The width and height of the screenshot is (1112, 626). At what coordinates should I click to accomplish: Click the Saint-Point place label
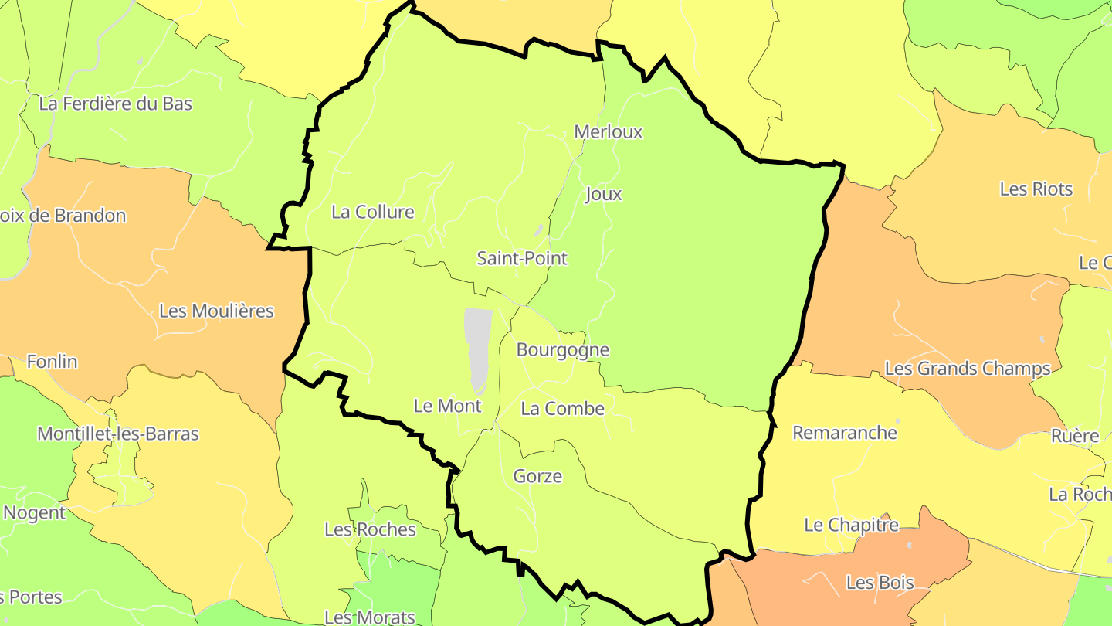tap(522, 258)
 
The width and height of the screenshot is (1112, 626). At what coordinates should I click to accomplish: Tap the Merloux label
tap(609, 132)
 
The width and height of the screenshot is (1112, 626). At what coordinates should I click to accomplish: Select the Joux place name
tap(604, 194)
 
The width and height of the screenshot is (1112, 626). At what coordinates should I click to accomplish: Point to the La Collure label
tap(373, 212)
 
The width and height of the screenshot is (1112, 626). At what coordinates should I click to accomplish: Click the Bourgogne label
tap(563, 350)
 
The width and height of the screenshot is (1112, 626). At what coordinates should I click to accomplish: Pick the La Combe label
tap(563, 408)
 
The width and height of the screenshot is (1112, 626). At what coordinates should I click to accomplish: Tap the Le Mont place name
tap(448, 406)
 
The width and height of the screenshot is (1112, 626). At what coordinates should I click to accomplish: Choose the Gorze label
tap(537, 476)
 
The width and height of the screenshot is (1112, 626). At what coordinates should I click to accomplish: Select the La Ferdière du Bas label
tap(115, 104)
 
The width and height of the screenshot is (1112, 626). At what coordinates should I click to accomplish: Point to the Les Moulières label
tap(216, 311)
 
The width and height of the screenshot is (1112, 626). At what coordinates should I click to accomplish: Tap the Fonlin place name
tap(52, 361)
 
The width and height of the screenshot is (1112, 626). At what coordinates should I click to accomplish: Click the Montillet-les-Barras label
tap(118, 434)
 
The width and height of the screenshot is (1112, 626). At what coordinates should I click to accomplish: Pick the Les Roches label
tap(370, 529)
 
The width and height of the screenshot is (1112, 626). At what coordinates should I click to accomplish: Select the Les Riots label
tap(1036, 189)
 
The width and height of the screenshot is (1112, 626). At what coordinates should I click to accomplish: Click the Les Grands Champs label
tap(968, 369)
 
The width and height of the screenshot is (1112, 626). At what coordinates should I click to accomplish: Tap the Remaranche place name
tap(845, 432)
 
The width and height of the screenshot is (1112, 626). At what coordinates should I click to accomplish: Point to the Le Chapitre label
tap(852, 525)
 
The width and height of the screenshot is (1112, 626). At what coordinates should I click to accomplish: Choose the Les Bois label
tap(880, 582)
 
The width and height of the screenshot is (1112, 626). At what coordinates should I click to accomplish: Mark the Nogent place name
tap(35, 512)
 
